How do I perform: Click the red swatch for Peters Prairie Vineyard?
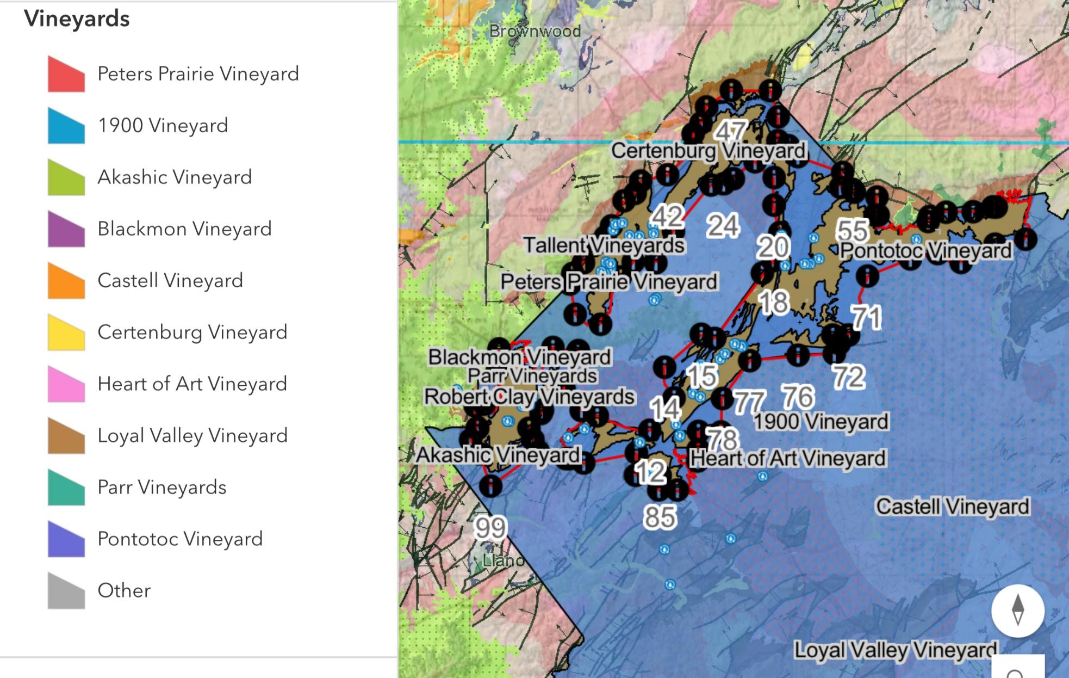click(x=66, y=74)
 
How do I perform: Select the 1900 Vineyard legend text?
click(x=163, y=126)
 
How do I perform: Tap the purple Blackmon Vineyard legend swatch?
click(x=66, y=229)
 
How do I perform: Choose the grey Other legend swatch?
click(x=66, y=590)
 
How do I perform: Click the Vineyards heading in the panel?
click(x=77, y=19)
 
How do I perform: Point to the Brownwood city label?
click(x=534, y=32)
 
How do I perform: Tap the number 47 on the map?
click(x=730, y=131)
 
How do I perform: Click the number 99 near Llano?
click(x=490, y=527)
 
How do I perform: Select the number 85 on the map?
click(x=660, y=517)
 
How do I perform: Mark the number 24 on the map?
click(x=723, y=225)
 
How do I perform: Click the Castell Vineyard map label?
click(x=953, y=507)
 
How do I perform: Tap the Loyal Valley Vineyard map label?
click(x=896, y=650)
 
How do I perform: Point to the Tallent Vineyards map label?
click(x=604, y=245)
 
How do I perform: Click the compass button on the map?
click(x=1017, y=611)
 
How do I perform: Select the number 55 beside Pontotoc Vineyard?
click(x=852, y=230)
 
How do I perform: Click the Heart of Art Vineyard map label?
click(x=787, y=458)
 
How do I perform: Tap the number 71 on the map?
click(x=866, y=317)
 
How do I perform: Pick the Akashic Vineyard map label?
click(x=498, y=455)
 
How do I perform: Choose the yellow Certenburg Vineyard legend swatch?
click(x=66, y=332)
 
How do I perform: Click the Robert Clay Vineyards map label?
click(x=529, y=397)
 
